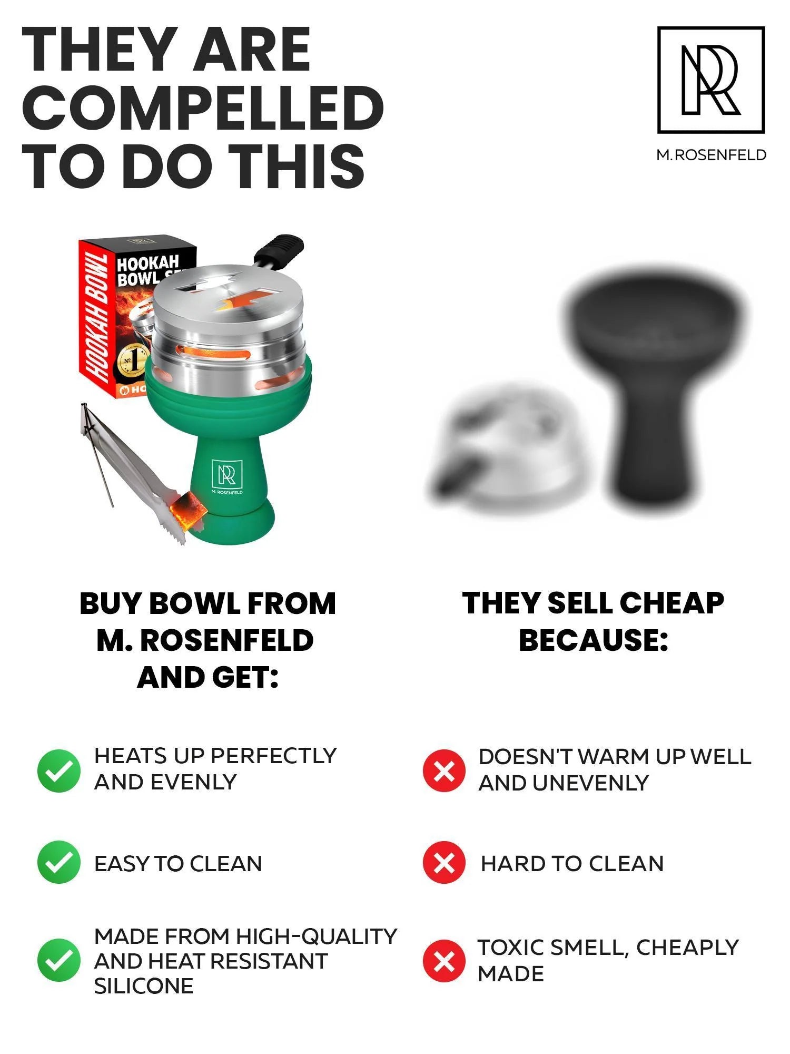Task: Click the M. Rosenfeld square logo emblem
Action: [711, 80]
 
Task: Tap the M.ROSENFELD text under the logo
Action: [711, 155]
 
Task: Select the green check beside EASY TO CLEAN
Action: [59, 863]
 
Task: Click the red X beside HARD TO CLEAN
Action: [444, 863]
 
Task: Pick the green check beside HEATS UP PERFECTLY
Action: [59, 770]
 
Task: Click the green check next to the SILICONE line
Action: [59, 960]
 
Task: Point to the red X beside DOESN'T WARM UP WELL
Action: [444, 770]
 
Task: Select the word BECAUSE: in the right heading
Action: [594, 640]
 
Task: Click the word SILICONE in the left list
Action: [144, 986]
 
